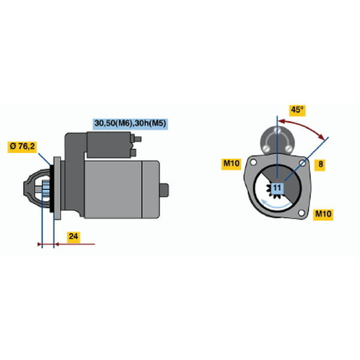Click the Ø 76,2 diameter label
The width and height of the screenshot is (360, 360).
(22, 146)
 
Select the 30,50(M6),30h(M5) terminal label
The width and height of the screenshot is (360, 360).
(130, 124)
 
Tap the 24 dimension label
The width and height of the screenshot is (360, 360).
(73, 236)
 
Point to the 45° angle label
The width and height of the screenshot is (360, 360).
(297, 110)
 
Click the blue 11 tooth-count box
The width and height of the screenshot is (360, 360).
(277, 188)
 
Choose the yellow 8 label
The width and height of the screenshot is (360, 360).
(320, 164)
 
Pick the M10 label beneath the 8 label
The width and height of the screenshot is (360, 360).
(323, 214)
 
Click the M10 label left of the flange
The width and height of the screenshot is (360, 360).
(231, 163)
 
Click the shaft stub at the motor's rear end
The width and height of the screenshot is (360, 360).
(164, 190)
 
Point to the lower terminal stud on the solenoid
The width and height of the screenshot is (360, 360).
(133, 152)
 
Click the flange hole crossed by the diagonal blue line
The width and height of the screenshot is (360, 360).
(302, 163)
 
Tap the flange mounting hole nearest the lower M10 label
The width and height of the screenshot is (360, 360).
(301, 213)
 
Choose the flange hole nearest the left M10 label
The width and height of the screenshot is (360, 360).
(253, 162)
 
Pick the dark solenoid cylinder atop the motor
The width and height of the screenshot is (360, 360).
(109, 145)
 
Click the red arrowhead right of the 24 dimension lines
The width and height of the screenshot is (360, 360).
(56, 244)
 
